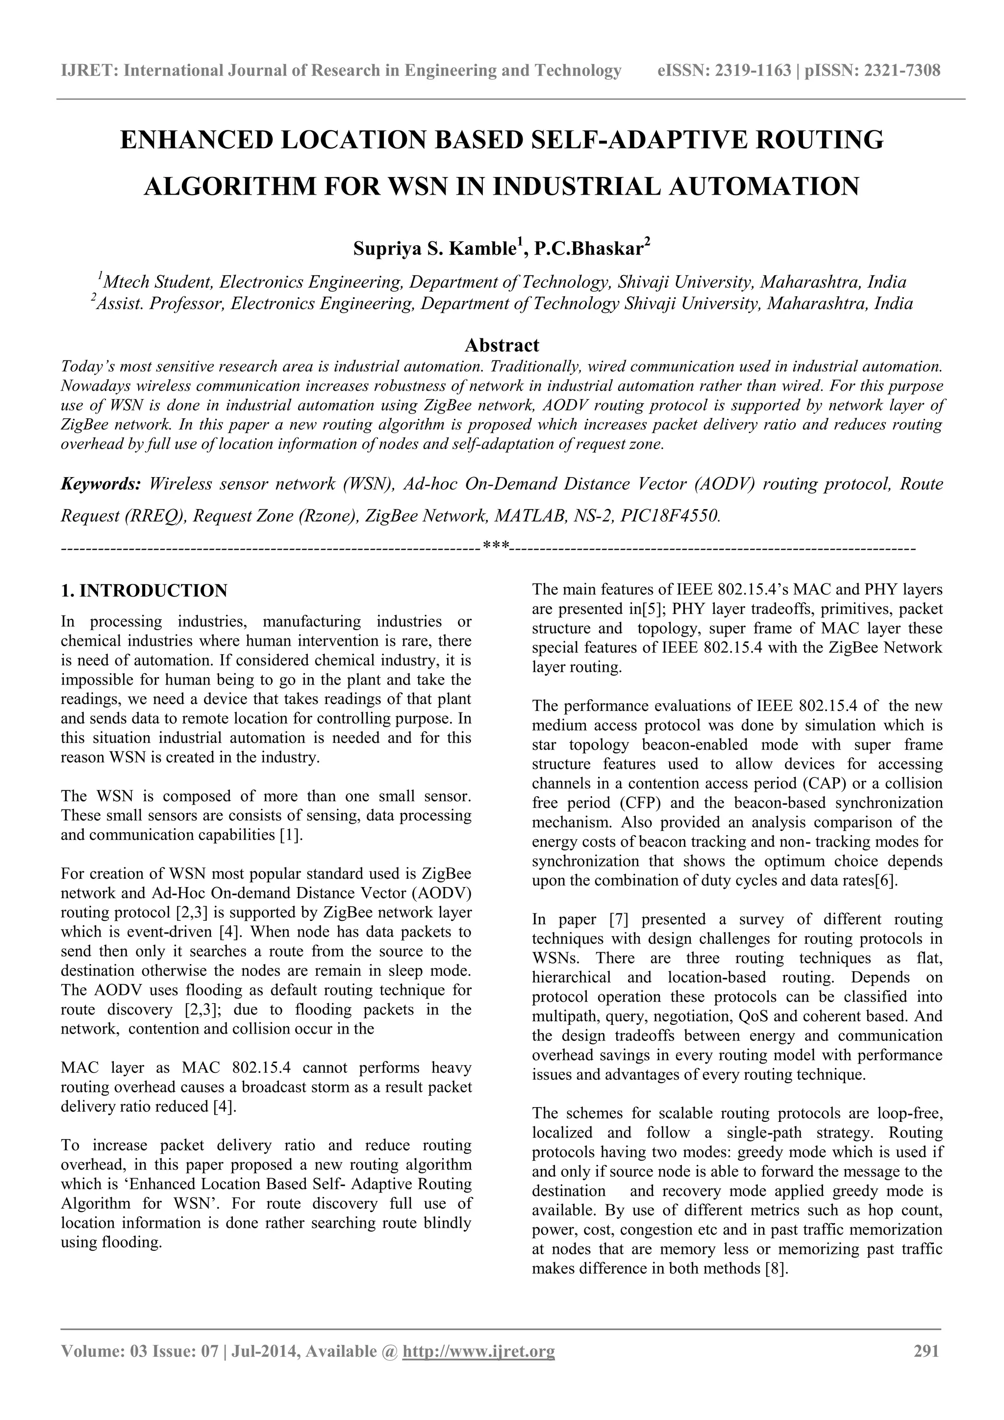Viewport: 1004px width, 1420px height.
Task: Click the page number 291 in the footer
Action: [x=926, y=1368]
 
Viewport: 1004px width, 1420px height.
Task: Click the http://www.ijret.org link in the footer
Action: [x=478, y=1368]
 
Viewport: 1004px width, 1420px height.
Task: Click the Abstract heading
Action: [x=502, y=345]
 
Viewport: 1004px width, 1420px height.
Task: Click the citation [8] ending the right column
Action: [x=777, y=1269]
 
